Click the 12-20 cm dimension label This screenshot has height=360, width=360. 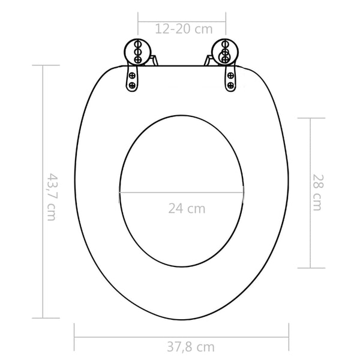[x=182, y=28]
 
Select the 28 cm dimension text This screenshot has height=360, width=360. [x=317, y=193]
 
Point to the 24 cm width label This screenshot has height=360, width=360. [x=187, y=209]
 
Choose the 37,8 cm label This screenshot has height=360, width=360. [x=191, y=346]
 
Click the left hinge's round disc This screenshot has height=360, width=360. [x=137, y=51]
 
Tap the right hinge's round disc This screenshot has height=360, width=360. [x=224, y=52]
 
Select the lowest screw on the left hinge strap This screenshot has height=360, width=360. [x=132, y=85]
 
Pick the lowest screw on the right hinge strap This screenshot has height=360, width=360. [x=230, y=85]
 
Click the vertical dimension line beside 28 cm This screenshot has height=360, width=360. [x=310, y=193]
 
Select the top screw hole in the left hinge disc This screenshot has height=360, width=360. [x=137, y=44]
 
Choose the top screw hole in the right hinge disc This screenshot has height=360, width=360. [x=226, y=44]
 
